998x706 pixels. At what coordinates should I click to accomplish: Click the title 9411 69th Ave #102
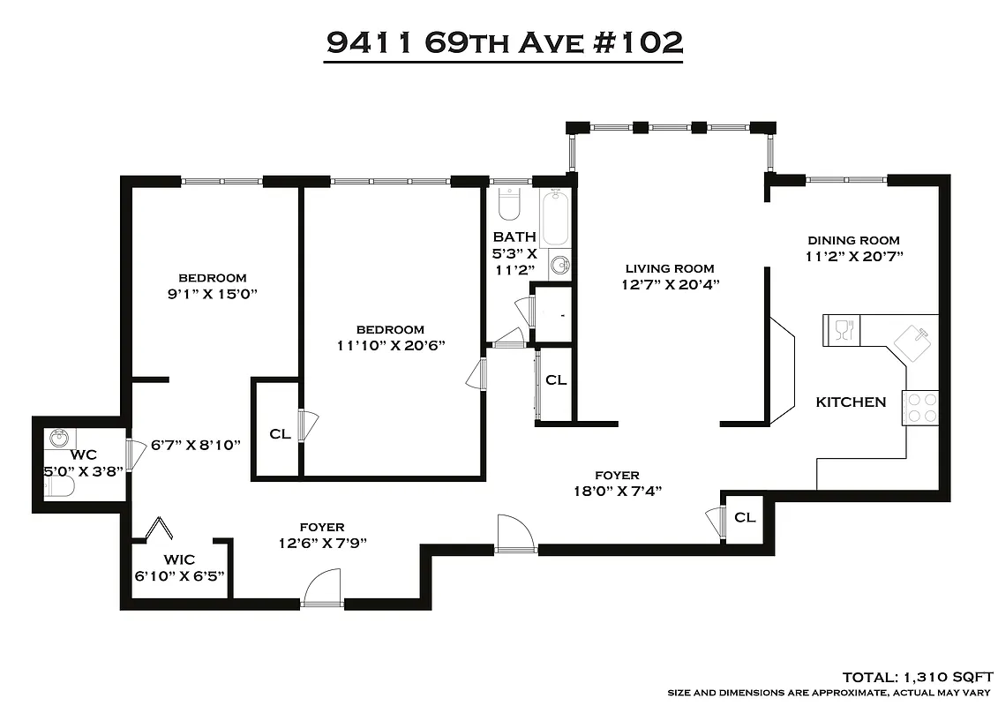[504, 41]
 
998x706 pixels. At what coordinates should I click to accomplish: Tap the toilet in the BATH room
[509, 205]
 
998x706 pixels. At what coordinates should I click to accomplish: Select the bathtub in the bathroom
[556, 217]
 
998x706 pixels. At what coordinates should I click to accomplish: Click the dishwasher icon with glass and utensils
[841, 330]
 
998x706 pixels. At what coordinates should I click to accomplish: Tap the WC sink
[58, 439]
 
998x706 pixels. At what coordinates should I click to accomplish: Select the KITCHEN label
[851, 402]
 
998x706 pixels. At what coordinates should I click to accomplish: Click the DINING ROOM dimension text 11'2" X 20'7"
[853, 257]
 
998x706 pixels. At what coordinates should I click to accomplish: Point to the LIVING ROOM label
[670, 268]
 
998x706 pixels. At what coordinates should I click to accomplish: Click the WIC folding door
[158, 529]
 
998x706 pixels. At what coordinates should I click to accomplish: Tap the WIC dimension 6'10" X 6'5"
[179, 575]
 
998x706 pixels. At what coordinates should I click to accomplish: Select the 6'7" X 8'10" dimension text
[195, 445]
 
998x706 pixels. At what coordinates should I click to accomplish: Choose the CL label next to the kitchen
[746, 517]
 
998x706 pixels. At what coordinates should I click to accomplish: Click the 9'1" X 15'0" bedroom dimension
[212, 294]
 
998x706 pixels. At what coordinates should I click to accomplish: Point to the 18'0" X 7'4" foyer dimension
[617, 491]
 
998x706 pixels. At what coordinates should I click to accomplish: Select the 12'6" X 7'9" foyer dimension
[321, 543]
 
